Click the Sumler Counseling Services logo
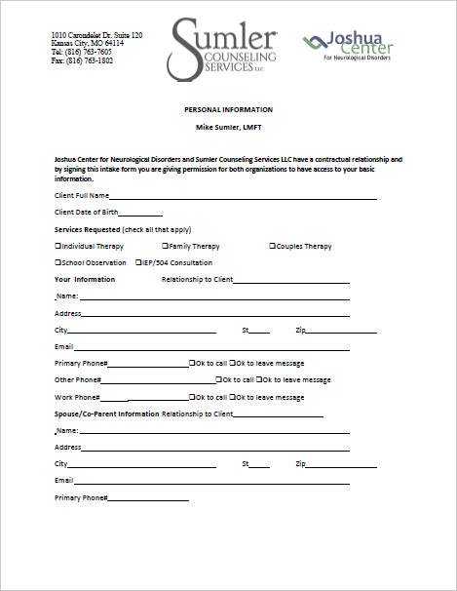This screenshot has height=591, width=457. click(223, 50)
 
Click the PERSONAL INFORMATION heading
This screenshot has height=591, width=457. click(228, 109)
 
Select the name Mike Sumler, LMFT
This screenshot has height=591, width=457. click(228, 128)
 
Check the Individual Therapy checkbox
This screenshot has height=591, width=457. click(58, 247)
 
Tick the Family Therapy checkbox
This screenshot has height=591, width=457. click(165, 247)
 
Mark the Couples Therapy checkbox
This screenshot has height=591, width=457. click(272, 247)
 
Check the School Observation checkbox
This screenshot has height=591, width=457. click(58, 262)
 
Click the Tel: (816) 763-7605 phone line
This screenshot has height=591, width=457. click(83, 52)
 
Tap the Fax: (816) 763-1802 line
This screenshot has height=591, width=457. click(83, 60)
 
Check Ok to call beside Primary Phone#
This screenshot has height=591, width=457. click(192, 363)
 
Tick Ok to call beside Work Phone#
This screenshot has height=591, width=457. click(192, 398)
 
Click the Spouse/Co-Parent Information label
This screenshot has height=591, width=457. click(107, 414)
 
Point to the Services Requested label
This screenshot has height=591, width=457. click(88, 229)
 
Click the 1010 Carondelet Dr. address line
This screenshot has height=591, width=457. click(98, 35)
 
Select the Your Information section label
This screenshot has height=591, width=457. click(85, 279)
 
